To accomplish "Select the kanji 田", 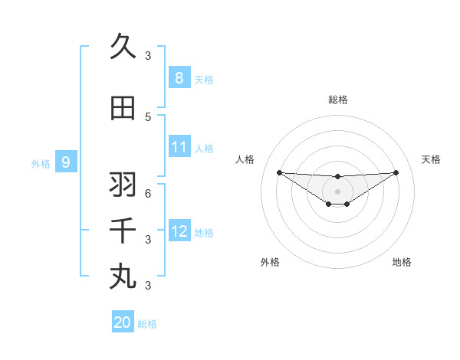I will click(x=123, y=109).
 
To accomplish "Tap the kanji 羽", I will click(x=123, y=185).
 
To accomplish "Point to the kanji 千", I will click(x=123, y=230).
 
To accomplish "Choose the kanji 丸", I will click(x=123, y=276).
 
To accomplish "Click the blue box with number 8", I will click(x=179, y=78).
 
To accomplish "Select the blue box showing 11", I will click(x=179, y=147).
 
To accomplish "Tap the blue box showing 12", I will click(x=179, y=231).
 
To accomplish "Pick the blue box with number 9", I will click(x=66, y=162).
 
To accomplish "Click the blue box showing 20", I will click(x=123, y=322).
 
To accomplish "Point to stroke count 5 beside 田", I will click(x=148, y=116).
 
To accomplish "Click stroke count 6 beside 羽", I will click(x=148, y=193).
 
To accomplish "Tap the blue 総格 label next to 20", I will click(x=147, y=324).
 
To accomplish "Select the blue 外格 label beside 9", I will click(x=41, y=163).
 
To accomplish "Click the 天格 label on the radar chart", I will click(x=431, y=159).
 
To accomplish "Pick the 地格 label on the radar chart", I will click(x=402, y=262).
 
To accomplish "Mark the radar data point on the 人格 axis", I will click(x=279, y=172).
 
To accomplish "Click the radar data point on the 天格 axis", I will click(x=396, y=172).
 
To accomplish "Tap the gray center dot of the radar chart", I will click(x=337, y=191).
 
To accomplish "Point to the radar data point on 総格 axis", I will click(x=337, y=177).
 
